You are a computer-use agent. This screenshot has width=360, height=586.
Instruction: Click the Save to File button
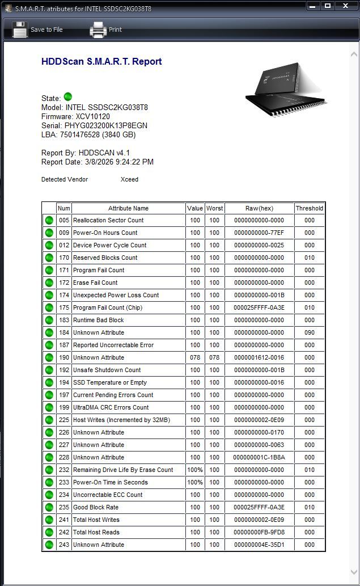37,29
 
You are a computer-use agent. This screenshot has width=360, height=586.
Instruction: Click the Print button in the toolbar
106,29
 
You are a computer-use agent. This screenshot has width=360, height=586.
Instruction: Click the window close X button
345,6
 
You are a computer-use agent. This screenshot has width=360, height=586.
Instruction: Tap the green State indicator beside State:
68,97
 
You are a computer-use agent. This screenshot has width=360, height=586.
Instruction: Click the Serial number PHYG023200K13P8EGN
106,125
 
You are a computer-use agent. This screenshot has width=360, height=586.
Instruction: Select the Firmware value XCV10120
88,116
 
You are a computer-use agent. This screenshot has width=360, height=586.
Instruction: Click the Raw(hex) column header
259,208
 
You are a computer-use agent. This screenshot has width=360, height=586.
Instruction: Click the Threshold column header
309,208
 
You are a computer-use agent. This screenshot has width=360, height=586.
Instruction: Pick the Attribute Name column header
128,208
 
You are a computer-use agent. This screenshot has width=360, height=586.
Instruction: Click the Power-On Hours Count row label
105,233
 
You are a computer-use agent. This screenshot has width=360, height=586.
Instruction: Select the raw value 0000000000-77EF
259,233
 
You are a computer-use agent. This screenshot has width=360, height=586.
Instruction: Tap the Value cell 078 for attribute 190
195,357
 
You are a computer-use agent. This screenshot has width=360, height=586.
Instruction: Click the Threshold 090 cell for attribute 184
309,332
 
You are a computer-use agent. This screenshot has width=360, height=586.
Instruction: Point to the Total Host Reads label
96,532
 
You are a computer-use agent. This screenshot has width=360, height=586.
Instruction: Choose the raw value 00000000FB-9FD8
259,532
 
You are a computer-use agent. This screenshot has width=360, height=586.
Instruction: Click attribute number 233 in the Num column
63,482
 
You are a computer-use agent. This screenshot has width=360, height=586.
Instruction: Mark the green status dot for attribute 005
49,220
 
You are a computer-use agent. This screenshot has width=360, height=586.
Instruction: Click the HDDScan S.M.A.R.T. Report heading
101,61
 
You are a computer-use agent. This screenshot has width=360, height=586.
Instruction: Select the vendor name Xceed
129,179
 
